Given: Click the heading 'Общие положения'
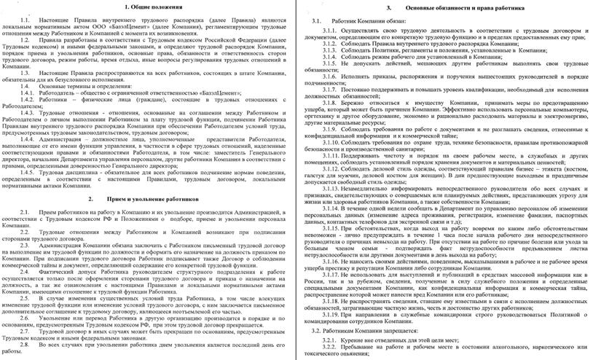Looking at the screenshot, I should [x=150, y=6].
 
